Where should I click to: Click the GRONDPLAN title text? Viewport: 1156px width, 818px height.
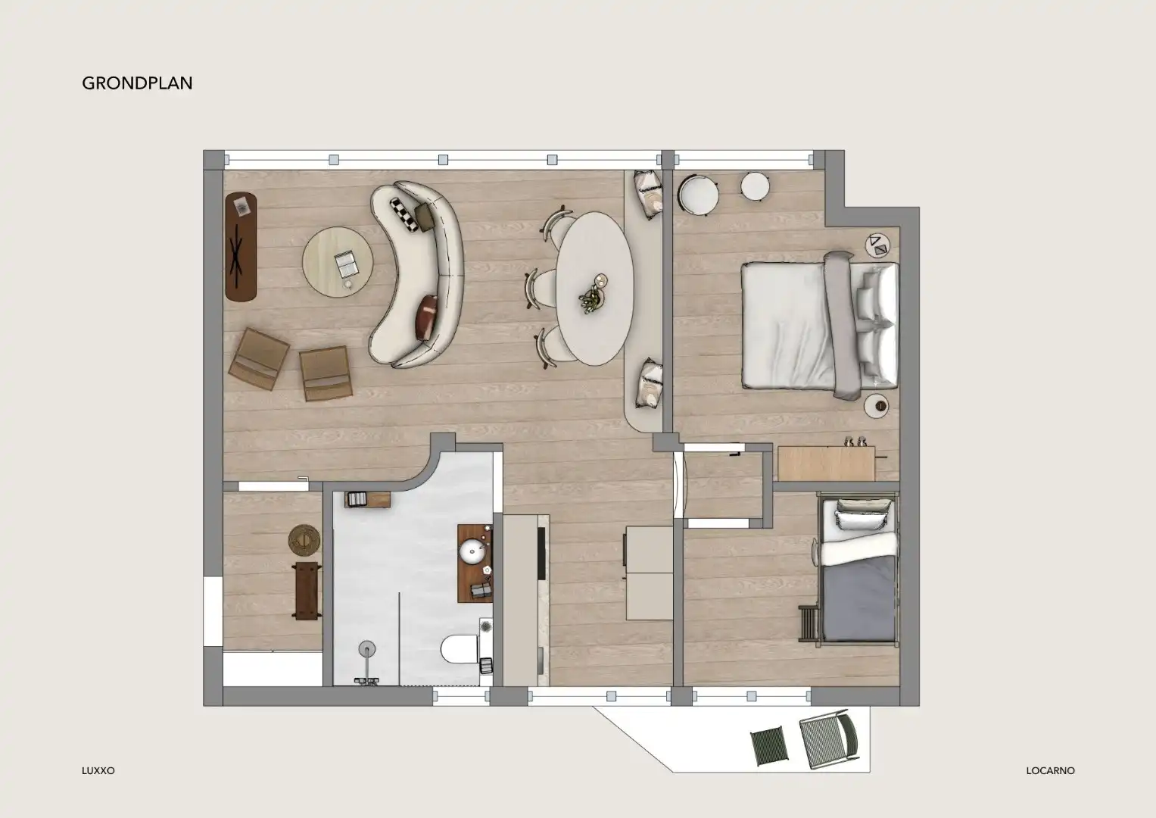click(x=137, y=83)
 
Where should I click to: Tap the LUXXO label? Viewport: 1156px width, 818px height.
click(x=98, y=771)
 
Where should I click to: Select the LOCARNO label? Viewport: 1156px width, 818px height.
click(x=1050, y=771)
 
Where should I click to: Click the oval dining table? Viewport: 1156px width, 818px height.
click(x=594, y=288)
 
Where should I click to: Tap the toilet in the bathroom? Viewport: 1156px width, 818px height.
click(x=459, y=651)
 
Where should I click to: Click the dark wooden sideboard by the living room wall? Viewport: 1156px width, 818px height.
click(x=241, y=248)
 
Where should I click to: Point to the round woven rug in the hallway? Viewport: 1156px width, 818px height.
click(x=304, y=540)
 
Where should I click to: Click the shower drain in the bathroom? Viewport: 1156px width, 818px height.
click(x=367, y=648)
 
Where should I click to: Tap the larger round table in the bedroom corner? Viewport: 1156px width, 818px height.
click(x=698, y=192)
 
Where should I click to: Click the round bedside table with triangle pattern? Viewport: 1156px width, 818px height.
click(x=878, y=245)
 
